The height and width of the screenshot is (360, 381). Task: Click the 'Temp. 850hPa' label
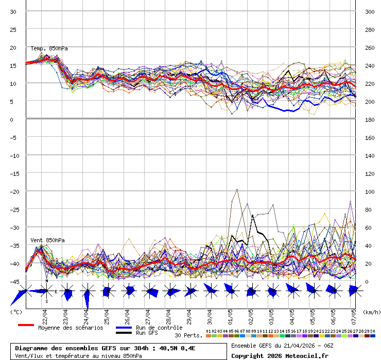coord(49,49)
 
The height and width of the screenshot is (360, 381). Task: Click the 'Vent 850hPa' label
coord(47,240)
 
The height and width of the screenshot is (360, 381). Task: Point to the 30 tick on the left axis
coord(13,11)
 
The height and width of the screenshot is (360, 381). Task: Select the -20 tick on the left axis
coord(14,191)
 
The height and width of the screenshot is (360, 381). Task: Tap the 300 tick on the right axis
coord(369,11)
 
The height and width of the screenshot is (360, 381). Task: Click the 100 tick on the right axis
coord(369,191)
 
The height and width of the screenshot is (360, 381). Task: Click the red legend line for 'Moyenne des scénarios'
coord(26,325)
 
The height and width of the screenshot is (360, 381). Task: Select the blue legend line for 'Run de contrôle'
coord(124,328)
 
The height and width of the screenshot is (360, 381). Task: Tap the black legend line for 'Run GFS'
coord(124,333)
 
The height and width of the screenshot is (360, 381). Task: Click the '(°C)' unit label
coord(16,312)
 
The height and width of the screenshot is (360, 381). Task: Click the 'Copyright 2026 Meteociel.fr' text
coord(280,355)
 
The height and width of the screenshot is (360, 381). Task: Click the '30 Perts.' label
coord(188,335)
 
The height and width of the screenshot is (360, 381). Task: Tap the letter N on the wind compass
coord(47,281)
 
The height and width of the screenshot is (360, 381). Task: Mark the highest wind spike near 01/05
coord(237,189)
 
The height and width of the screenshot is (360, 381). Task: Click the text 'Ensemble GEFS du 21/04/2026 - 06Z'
coord(283,345)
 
